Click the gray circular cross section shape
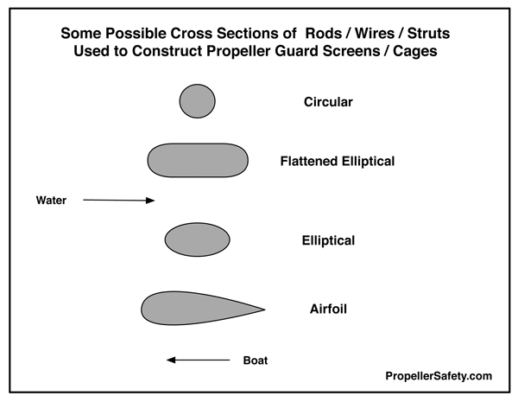197,101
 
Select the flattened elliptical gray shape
198,161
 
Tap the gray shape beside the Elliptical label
197,239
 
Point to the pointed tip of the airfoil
265,309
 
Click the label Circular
328,102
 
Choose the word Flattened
309,161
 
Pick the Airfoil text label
328,309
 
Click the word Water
51,201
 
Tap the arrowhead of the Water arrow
150,201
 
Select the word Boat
256,361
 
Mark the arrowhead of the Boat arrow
171,360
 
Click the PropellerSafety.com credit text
439,376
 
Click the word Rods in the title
324,34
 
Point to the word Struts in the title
428,34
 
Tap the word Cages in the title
415,51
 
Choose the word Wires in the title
375,34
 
